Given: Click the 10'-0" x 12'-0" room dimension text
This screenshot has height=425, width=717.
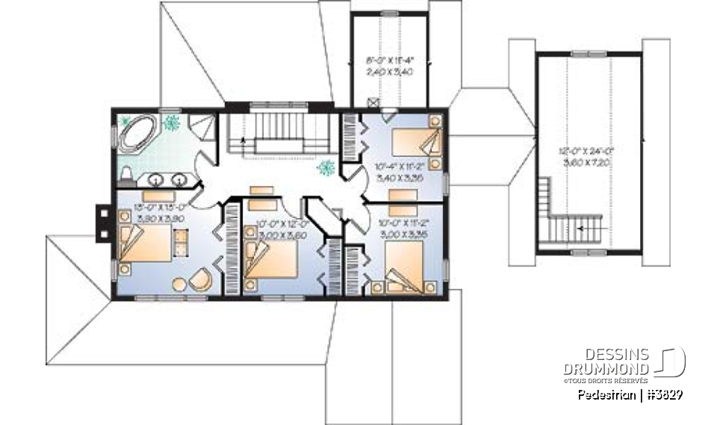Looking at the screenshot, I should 271,228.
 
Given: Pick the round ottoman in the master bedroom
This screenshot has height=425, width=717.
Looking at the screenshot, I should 179,284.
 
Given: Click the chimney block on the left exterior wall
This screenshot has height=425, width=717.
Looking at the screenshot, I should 101,222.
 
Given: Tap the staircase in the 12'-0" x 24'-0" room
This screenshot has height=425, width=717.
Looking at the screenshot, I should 568,223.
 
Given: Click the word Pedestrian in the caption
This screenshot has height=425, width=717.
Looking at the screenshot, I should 605,394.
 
